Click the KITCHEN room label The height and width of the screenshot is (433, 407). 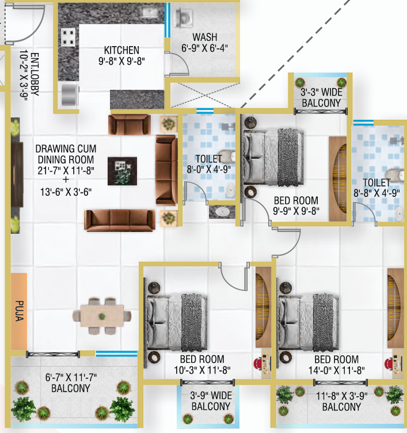point(121,50)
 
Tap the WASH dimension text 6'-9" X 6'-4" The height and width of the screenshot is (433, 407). point(204,48)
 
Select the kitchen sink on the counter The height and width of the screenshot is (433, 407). point(149,13)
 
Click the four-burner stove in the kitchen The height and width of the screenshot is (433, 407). point(68,37)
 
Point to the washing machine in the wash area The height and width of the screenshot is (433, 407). point(183,18)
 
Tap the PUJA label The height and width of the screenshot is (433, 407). point(20,311)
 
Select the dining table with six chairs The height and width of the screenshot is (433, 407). point(102,316)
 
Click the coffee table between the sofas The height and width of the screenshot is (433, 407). point(122,171)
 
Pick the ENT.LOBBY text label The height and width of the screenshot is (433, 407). point(35,74)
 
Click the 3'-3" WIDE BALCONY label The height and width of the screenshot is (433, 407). point(321,97)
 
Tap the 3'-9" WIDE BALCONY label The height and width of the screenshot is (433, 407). point(211,401)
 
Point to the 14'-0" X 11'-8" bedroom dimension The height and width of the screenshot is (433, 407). point(336,370)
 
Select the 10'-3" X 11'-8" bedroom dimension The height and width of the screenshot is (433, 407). point(202,370)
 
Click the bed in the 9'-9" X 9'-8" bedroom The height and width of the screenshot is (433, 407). point(273,157)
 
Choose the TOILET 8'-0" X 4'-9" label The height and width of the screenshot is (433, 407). point(209,164)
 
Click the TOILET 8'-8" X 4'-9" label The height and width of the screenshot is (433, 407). point(376,188)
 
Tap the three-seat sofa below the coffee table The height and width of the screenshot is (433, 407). point(120,220)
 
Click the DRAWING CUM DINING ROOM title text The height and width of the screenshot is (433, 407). point(66,154)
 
